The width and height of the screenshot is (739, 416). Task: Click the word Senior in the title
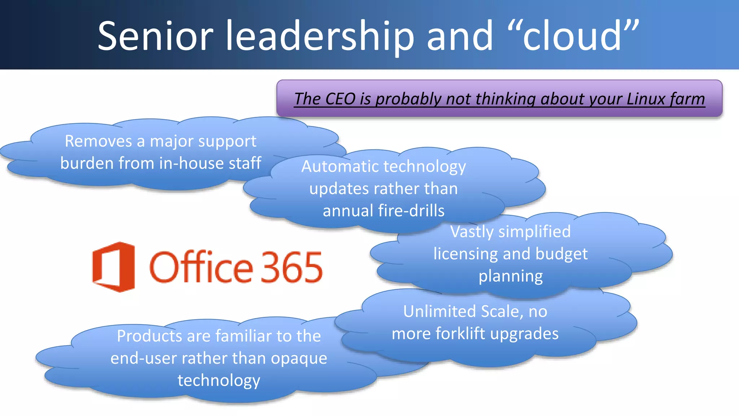tap(156, 36)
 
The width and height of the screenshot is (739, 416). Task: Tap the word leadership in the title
tap(320, 36)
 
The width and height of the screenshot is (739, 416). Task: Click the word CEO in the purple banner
tap(340, 99)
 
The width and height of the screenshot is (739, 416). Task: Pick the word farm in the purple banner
tap(688, 99)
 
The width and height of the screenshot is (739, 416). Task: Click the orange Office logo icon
tap(114, 267)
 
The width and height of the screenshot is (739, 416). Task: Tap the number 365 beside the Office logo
tap(292, 268)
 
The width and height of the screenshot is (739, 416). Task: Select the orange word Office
tap(201, 267)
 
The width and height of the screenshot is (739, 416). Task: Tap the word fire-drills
tap(411, 211)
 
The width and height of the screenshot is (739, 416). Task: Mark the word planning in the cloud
tap(511, 277)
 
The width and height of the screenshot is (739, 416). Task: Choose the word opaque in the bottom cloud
tap(299, 359)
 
